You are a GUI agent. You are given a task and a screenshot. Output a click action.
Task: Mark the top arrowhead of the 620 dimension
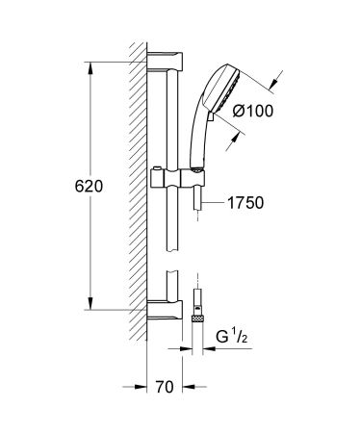[91, 66]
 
